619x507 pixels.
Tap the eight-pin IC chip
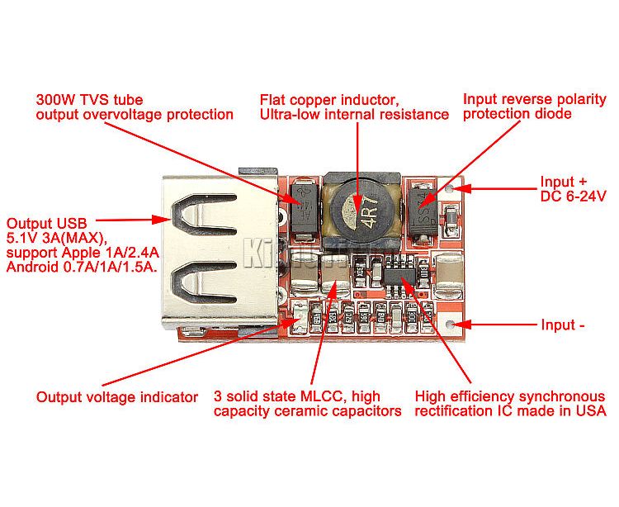pos(400,276)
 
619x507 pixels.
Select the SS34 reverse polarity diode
pos(423,212)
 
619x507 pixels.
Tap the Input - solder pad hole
pos(449,325)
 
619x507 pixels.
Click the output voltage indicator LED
pos(300,317)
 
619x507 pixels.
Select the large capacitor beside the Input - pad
pos(448,275)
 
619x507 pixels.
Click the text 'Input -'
pos(563,325)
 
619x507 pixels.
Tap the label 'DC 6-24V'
pos(573,197)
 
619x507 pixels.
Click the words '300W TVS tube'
pos(89,99)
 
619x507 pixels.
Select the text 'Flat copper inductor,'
pos(329,100)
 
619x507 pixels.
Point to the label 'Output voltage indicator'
pos(117,397)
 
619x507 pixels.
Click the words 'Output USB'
pos(46,224)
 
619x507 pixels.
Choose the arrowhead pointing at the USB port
pos(162,220)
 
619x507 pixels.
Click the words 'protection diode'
pos(517,114)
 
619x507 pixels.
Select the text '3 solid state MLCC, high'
pos(297,396)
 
